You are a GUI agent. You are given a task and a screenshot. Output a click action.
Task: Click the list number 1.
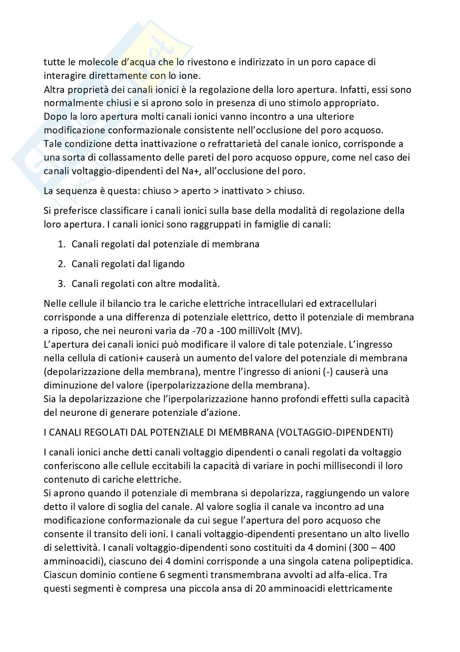click(x=61, y=244)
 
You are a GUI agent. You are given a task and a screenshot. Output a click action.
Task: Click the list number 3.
click(x=61, y=284)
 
